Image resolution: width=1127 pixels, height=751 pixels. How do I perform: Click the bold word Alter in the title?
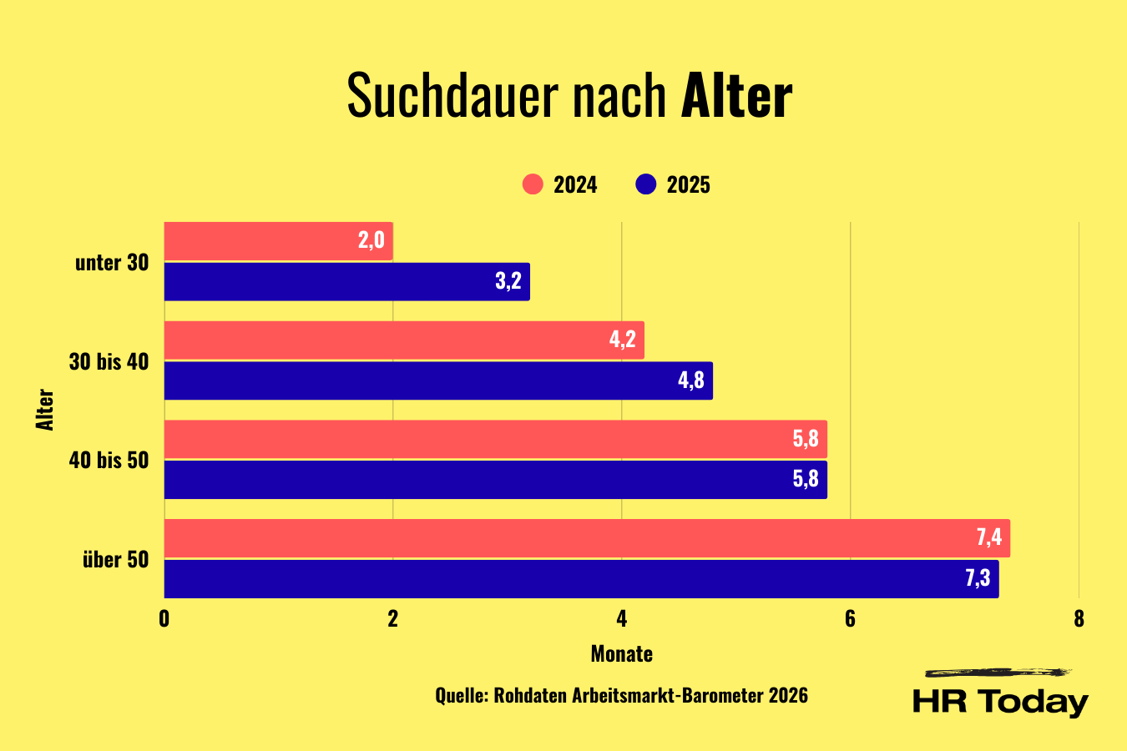pos(736,96)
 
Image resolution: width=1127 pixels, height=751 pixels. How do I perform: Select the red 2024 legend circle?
pos(533,184)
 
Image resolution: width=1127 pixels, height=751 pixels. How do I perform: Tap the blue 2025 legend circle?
pos(646,184)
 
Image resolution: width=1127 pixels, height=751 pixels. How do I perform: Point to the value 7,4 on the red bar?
pos(989,537)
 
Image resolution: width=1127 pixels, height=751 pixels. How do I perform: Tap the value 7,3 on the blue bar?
pos(978,578)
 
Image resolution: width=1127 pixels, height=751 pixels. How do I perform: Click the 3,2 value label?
pos(508,281)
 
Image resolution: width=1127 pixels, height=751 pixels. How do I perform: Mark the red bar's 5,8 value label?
pos(806,439)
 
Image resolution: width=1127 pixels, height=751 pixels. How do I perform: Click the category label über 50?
pos(115,559)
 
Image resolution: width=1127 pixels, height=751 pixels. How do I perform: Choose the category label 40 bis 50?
pos(109,460)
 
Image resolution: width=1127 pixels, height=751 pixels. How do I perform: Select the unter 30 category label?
pos(112,262)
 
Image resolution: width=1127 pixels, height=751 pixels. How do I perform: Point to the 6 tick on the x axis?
pos(850,618)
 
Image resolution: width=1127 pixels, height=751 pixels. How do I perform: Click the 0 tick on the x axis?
pos(164,618)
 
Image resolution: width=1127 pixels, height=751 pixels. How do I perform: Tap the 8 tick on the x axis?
pos(1079,618)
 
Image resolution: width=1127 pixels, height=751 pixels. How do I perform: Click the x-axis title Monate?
pos(621,654)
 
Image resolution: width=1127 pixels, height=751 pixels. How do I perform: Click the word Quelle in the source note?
pos(460,696)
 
